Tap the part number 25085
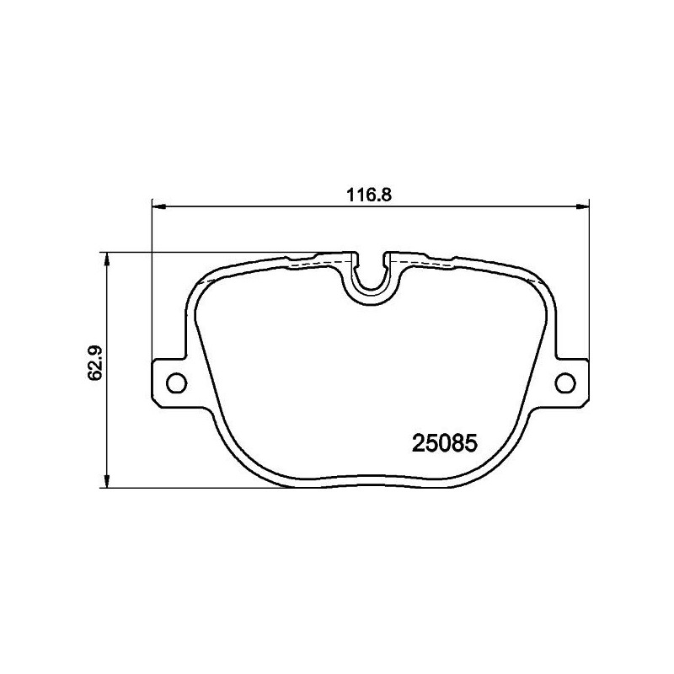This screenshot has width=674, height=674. click(x=444, y=443)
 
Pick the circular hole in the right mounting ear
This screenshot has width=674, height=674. click(x=564, y=382)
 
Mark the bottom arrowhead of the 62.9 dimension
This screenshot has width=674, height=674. click(x=107, y=481)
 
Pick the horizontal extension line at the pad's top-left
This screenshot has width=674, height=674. click(x=211, y=252)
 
